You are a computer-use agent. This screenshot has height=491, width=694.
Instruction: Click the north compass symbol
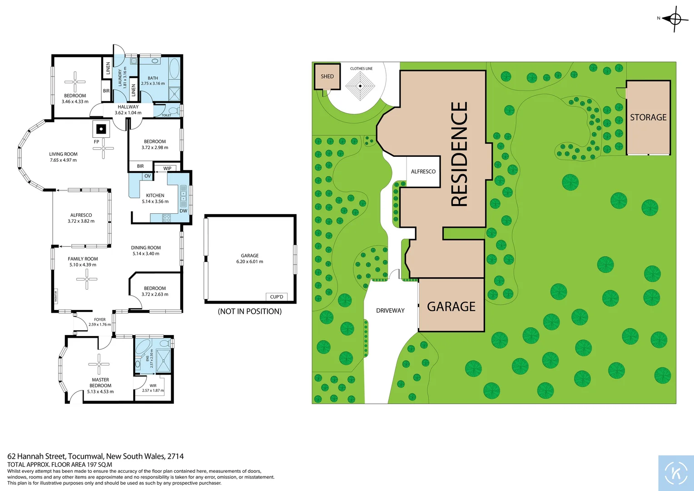click(674, 19)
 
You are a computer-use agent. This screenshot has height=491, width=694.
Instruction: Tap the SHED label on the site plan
click(327, 76)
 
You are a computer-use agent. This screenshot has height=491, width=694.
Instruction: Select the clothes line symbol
click(360, 85)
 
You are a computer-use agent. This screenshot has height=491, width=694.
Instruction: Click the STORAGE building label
click(648, 117)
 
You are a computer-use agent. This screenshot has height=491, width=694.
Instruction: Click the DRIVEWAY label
click(390, 311)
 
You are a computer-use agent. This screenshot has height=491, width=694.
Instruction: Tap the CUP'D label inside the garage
click(277, 297)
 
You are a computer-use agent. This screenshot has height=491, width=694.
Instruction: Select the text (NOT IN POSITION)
click(250, 311)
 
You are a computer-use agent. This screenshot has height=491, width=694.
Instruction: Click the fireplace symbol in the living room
click(101, 129)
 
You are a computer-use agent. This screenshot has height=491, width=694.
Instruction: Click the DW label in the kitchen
click(183, 211)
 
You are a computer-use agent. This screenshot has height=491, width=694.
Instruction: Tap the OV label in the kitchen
click(148, 176)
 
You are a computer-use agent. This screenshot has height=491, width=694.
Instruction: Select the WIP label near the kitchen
click(167, 169)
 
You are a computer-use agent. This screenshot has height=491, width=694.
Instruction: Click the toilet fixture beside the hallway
click(173, 110)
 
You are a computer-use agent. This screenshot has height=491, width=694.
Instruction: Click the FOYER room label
click(100, 320)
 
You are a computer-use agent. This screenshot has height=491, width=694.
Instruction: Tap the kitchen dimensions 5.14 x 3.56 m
click(155, 201)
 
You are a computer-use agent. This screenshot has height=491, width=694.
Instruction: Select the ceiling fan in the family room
click(86, 279)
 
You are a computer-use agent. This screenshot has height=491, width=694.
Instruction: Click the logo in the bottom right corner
click(676, 473)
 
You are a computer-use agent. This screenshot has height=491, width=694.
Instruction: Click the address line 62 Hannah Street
click(95, 456)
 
